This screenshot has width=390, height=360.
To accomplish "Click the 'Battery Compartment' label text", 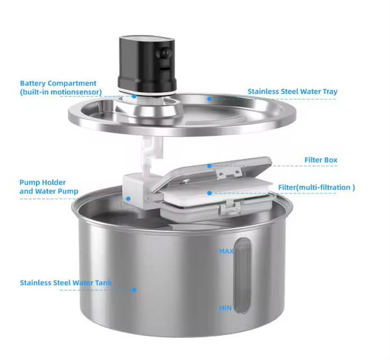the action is point(58,83).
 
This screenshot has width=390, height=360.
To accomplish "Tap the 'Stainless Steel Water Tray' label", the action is point(292,92).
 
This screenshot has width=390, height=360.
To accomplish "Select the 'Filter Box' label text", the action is point(321,160).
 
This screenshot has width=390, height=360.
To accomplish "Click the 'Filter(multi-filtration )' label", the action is point(317,187).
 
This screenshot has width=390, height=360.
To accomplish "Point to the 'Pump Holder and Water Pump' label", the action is point(49,186).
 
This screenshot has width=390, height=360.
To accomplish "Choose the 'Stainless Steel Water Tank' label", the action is point(66,283).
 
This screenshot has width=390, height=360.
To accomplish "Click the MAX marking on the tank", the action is point(226,251).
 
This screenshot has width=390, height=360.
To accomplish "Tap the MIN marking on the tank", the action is point(225,308).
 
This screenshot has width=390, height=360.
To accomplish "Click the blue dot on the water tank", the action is point(135,290).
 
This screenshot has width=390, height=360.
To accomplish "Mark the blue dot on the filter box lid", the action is point(209,166).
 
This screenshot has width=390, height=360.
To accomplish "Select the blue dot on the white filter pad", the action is point(209,193).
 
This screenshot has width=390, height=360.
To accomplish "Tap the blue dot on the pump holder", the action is point(128,199).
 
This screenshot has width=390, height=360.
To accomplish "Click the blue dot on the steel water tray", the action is point(209,99).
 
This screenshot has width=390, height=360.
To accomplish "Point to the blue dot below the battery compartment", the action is point(134,96).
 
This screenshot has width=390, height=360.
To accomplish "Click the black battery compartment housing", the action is point(148,65).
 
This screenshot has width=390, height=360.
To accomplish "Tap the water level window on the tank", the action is point(242,276).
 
